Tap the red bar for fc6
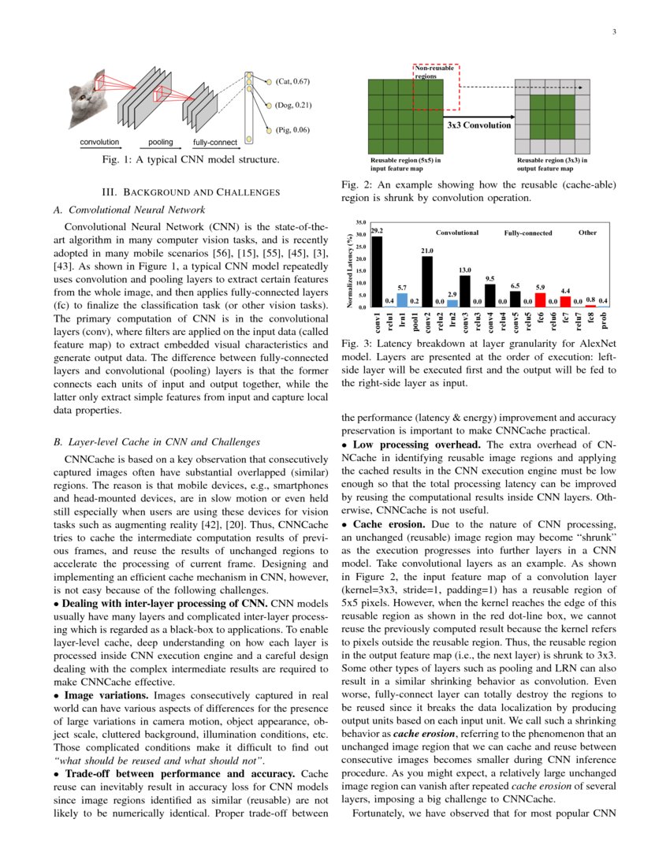(x=540, y=300)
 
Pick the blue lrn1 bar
(x=402, y=300)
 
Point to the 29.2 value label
(x=377, y=230)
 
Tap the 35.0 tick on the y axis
(x=361, y=223)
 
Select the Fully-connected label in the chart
(x=528, y=233)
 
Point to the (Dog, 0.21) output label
(x=293, y=105)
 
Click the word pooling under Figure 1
(x=160, y=142)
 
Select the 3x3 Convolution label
(x=478, y=125)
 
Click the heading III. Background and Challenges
(x=192, y=192)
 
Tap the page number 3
(x=613, y=32)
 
